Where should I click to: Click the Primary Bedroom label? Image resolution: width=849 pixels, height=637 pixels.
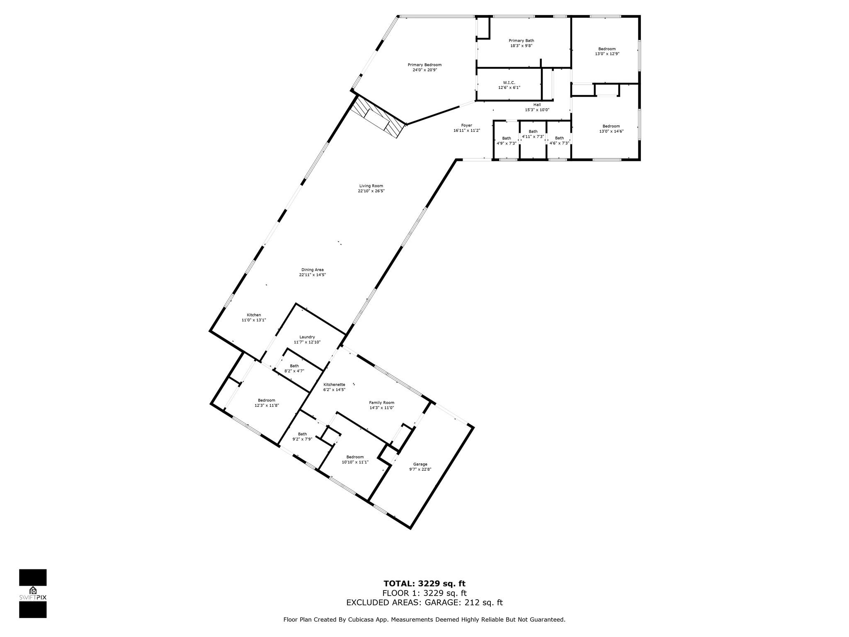(x=424, y=65)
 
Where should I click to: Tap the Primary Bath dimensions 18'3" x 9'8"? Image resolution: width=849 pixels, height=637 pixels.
(x=521, y=46)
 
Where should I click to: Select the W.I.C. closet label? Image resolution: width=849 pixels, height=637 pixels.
(x=509, y=83)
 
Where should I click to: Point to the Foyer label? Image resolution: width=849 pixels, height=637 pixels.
(x=466, y=125)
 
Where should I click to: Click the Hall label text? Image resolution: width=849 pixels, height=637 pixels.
(x=537, y=105)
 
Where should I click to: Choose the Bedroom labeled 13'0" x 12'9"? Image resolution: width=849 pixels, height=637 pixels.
(x=607, y=51)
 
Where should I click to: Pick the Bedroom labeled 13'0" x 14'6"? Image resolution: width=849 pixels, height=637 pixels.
(x=611, y=129)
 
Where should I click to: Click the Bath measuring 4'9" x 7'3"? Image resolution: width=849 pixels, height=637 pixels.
(x=507, y=141)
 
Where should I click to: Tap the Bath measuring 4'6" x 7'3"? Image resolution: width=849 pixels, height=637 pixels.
(x=559, y=141)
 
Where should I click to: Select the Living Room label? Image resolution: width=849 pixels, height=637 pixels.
(x=371, y=186)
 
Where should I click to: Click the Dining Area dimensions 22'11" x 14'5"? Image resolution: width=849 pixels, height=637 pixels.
(x=313, y=275)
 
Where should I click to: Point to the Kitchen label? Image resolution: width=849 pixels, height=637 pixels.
(x=254, y=315)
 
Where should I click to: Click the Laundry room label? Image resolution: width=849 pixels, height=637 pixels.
(x=307, y=337)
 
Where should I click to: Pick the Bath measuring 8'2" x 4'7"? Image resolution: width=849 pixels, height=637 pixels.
(x=294, y=368)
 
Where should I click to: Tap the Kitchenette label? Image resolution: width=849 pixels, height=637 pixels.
(x=334, y=384)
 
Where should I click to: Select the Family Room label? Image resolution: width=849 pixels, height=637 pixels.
(x=381, y=402)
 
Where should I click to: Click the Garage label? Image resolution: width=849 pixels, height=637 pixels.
(x=420, y=464)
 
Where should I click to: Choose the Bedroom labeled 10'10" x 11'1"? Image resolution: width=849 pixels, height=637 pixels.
(x=355, y=459)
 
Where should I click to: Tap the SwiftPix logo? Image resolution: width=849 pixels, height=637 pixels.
(x=33, y=593)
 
